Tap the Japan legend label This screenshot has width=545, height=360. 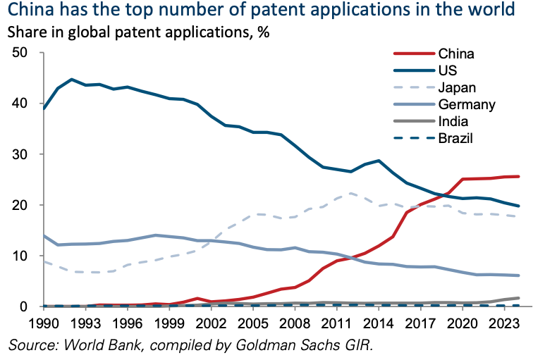point(458,88)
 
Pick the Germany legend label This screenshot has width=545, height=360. point(466,105)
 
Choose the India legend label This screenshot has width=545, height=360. point(453,122)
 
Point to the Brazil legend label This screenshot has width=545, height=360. point(455,139)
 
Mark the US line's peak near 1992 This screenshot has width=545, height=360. point(71,80)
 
